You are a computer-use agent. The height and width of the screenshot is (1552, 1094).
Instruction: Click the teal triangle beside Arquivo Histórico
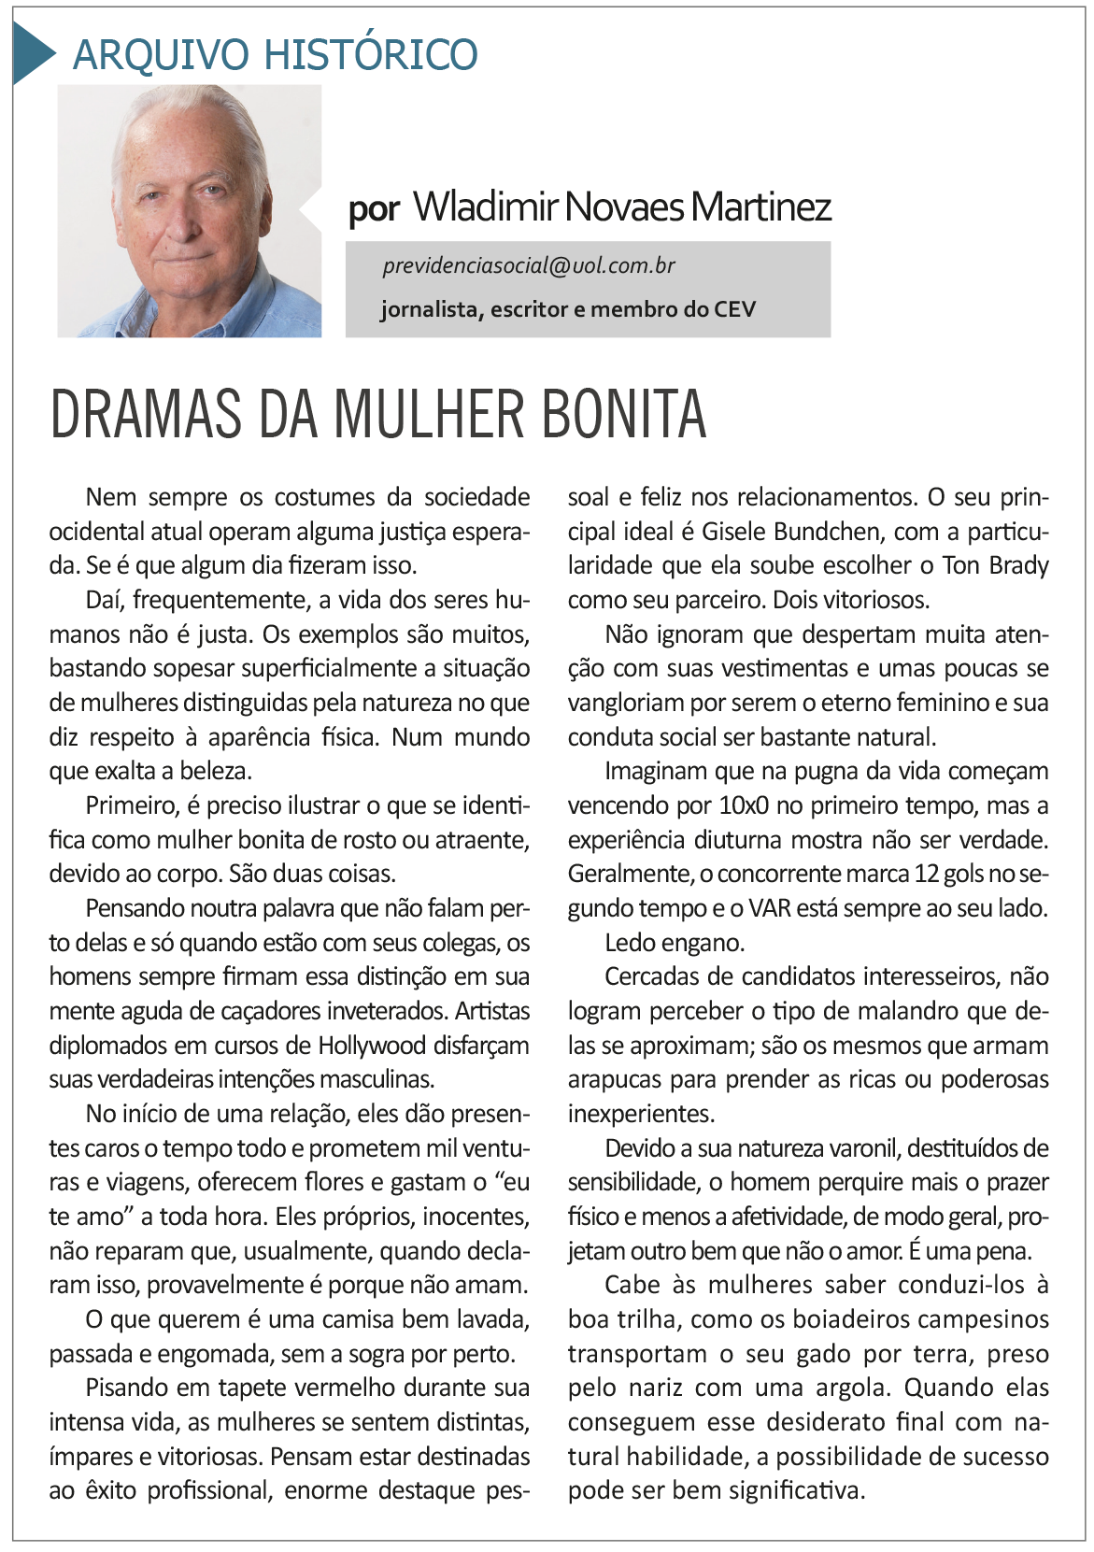point(32,52)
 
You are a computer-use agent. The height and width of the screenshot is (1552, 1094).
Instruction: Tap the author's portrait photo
point(190,211)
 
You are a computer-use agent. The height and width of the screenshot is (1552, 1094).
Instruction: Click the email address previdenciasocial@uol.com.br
point(529,266)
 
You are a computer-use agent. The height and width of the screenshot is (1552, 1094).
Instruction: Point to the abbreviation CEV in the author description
point(734,309)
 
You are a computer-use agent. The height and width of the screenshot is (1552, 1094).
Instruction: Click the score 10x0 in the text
point(744,805)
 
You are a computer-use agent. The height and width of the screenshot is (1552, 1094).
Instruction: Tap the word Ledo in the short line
point(629,943)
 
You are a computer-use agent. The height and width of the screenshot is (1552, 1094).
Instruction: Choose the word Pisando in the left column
point(127,1388)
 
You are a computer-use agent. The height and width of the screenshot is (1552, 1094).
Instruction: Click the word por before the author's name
point(374,210)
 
